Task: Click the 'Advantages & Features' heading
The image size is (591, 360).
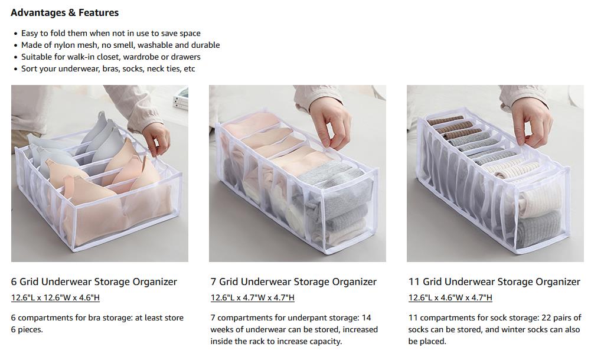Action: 64,12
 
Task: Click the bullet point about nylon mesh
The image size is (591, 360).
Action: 120,45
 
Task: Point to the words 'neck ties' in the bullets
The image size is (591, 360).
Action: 163,68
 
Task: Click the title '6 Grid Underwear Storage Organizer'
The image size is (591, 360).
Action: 94,282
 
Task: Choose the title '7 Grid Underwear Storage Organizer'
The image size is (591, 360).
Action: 293,282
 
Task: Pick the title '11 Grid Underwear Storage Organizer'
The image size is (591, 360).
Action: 494,282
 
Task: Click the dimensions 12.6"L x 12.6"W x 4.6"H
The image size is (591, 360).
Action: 55,297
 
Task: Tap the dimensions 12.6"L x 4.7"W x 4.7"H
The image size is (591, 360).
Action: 253,297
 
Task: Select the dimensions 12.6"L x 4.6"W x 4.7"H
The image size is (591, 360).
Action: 450,297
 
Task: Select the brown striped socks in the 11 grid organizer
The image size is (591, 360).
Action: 452,128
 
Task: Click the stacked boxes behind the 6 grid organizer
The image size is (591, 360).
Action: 181,99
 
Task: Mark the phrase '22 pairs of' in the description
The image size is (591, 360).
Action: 561,318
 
